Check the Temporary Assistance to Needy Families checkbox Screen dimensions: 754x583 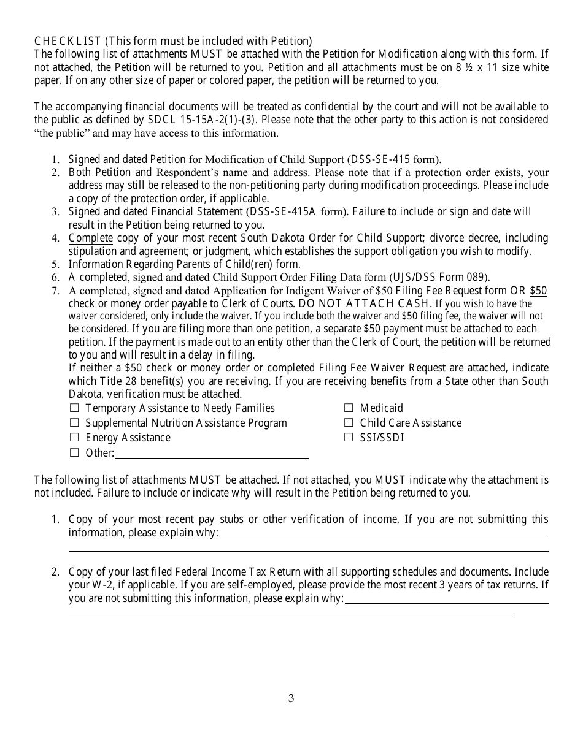tap(74, 408)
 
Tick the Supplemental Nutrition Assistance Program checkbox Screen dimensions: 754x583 tap(74, 422)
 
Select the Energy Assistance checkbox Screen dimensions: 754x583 tap(74, 437)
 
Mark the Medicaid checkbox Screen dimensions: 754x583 tap(349, 408)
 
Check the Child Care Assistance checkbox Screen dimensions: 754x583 tap(349, 422)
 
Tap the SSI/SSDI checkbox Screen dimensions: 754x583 tap(349, 437)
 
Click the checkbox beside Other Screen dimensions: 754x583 tap(74, 453)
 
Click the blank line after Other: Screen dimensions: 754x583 tap(212, 454)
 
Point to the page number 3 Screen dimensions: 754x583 tap(291, 698)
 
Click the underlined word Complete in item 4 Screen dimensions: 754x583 tap(91, 238)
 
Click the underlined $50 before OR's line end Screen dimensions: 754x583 tap(538, 291)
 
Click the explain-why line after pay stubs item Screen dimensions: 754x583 tap(384, 533)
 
